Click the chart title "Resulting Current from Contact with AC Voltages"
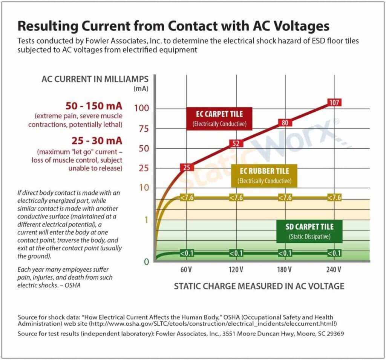(173, 26)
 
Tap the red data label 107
(334, 102)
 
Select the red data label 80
(285, 122)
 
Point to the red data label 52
(236, 143)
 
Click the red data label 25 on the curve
(187, 167)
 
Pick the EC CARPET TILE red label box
(219, 118)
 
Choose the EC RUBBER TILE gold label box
(264, 176)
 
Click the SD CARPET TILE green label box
(309, 231)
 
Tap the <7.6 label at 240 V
(334, 198)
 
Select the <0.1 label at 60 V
(187, 253)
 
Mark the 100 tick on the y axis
(142, 109)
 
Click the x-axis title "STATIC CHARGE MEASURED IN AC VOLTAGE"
(259, 286)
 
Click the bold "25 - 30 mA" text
(97, 140)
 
